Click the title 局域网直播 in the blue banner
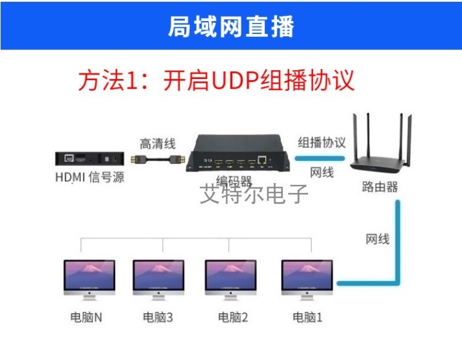click(231, 27)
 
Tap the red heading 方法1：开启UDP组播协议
click(216, 80)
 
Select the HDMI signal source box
click(89, 158)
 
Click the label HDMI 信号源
click(90, 177)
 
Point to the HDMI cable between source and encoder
click(158, 160)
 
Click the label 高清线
click(158, 144)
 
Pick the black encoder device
click(238, 153)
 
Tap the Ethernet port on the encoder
click(262, 160)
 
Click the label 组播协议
click(321, 142)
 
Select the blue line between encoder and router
click(320, 158)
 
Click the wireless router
click(380, 144)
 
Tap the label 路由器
click(380, 187)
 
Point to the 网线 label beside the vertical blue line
click(378, 239)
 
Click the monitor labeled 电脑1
click(307, 280)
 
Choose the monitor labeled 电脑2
click(230, 280)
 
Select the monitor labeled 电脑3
click(158, 280)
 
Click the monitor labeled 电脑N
click(89, 280)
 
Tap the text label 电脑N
click(86, 317)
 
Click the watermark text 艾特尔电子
click(254, 194)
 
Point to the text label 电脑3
click(158, 317)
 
